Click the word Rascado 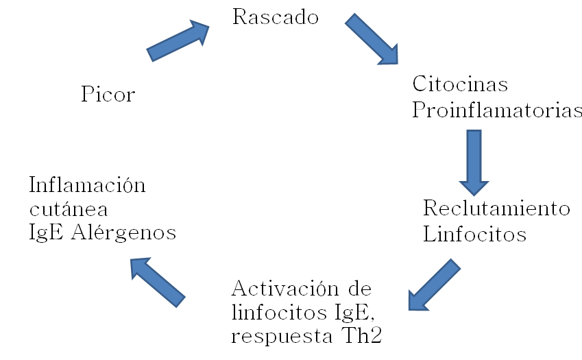tap(276, 17)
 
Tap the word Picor tap(108, 94)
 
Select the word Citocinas tap(459, 85)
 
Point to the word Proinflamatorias tap(497, 110)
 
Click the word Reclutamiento tap(496, 208)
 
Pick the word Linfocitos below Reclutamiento tap(474, 235)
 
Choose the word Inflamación tap(88, 184)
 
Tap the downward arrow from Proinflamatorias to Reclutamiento tap(474, 162)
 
